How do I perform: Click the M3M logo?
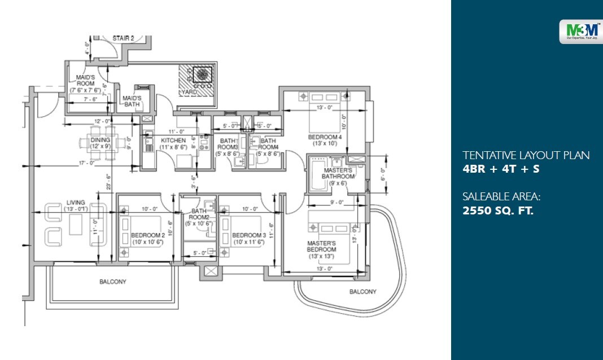point(579,32)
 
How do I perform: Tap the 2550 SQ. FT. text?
point(498,212)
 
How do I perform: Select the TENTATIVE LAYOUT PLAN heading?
point(526,155)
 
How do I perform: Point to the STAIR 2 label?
point(123,38)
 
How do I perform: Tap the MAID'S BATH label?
point(132,101)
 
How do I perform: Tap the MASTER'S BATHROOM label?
point(338,173)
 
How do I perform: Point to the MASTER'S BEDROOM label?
point(321,249)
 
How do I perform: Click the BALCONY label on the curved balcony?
point(362,292)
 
